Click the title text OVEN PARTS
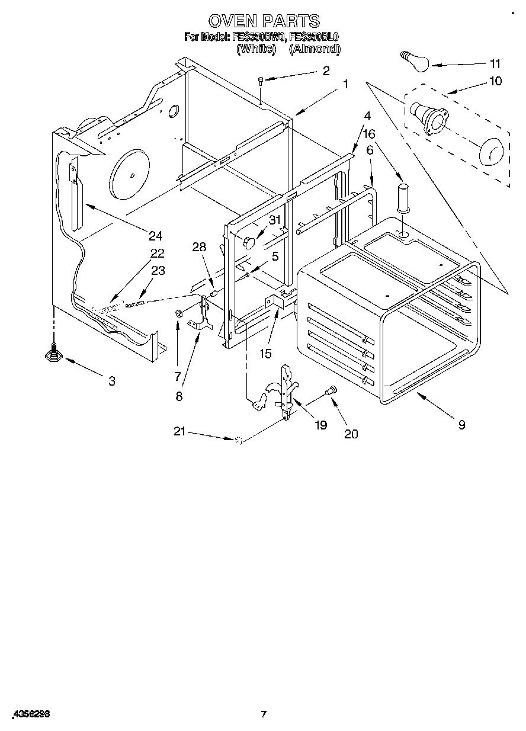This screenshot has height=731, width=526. click(x=264, y=21)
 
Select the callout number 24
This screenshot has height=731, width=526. click(x=155, y=236)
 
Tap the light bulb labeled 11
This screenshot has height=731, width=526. click(x=412, y=61)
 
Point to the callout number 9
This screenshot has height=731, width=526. click(x=461, y=424)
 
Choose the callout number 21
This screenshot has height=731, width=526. click(x=180, y=432)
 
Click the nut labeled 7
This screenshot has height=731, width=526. click(x=178, y=312)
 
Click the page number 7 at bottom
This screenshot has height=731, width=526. click(x=264, y=714)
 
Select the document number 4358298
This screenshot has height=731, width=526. click(x=30, y=714)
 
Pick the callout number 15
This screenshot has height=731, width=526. click(x=265, y=354)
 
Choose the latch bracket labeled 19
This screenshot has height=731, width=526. click(x=286, y=391)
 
